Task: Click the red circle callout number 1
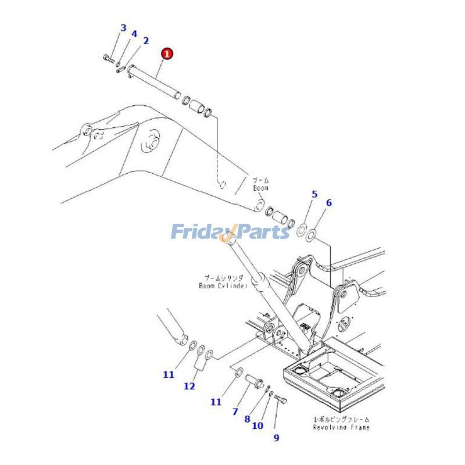pyautogui.click(x=167, y=54)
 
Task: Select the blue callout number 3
pyautogui.click(x=123, y=28)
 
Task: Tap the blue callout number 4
pyautogui.click(x=134, y=34)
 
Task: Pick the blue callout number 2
pyautogui.click(x=146, y=41)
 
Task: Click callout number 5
pyautogui.click(x=314, y=194)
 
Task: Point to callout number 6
pyautogui.click(x=329, y=203)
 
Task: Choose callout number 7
pyautogui.click(x=235, y=412)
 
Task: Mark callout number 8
pyautogui.click(x=247, y=419)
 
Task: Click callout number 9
pyautogui.click(x=276, y=438)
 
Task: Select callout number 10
pyautogui.click(x=257, y=426)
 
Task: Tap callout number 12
pyautogui.click(x=189, y=386)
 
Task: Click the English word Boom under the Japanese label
pyautogui.click(x=260, y=188)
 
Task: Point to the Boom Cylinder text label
pyautogui.click(x=223, y=285)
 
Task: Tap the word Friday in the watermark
pyautogui.click(x=198, y=233)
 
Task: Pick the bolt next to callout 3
pyautogui.click(x=108, y=58)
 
